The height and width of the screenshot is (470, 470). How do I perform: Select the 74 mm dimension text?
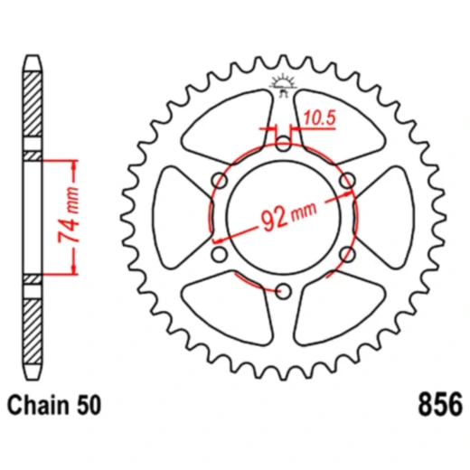[64, 217]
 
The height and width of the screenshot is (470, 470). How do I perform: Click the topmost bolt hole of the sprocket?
[284, 143]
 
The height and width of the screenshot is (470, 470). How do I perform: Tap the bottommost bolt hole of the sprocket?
[284, 290]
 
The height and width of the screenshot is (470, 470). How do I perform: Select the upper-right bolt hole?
[348, 181]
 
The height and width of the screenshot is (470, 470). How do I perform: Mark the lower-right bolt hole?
[348, 254]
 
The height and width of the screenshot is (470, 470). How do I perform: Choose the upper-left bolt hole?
[220, 181]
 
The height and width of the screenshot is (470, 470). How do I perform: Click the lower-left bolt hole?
[220, 254]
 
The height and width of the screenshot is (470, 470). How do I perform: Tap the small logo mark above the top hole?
[284, 88]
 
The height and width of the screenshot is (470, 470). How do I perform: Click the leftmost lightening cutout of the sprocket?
[176, 217]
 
